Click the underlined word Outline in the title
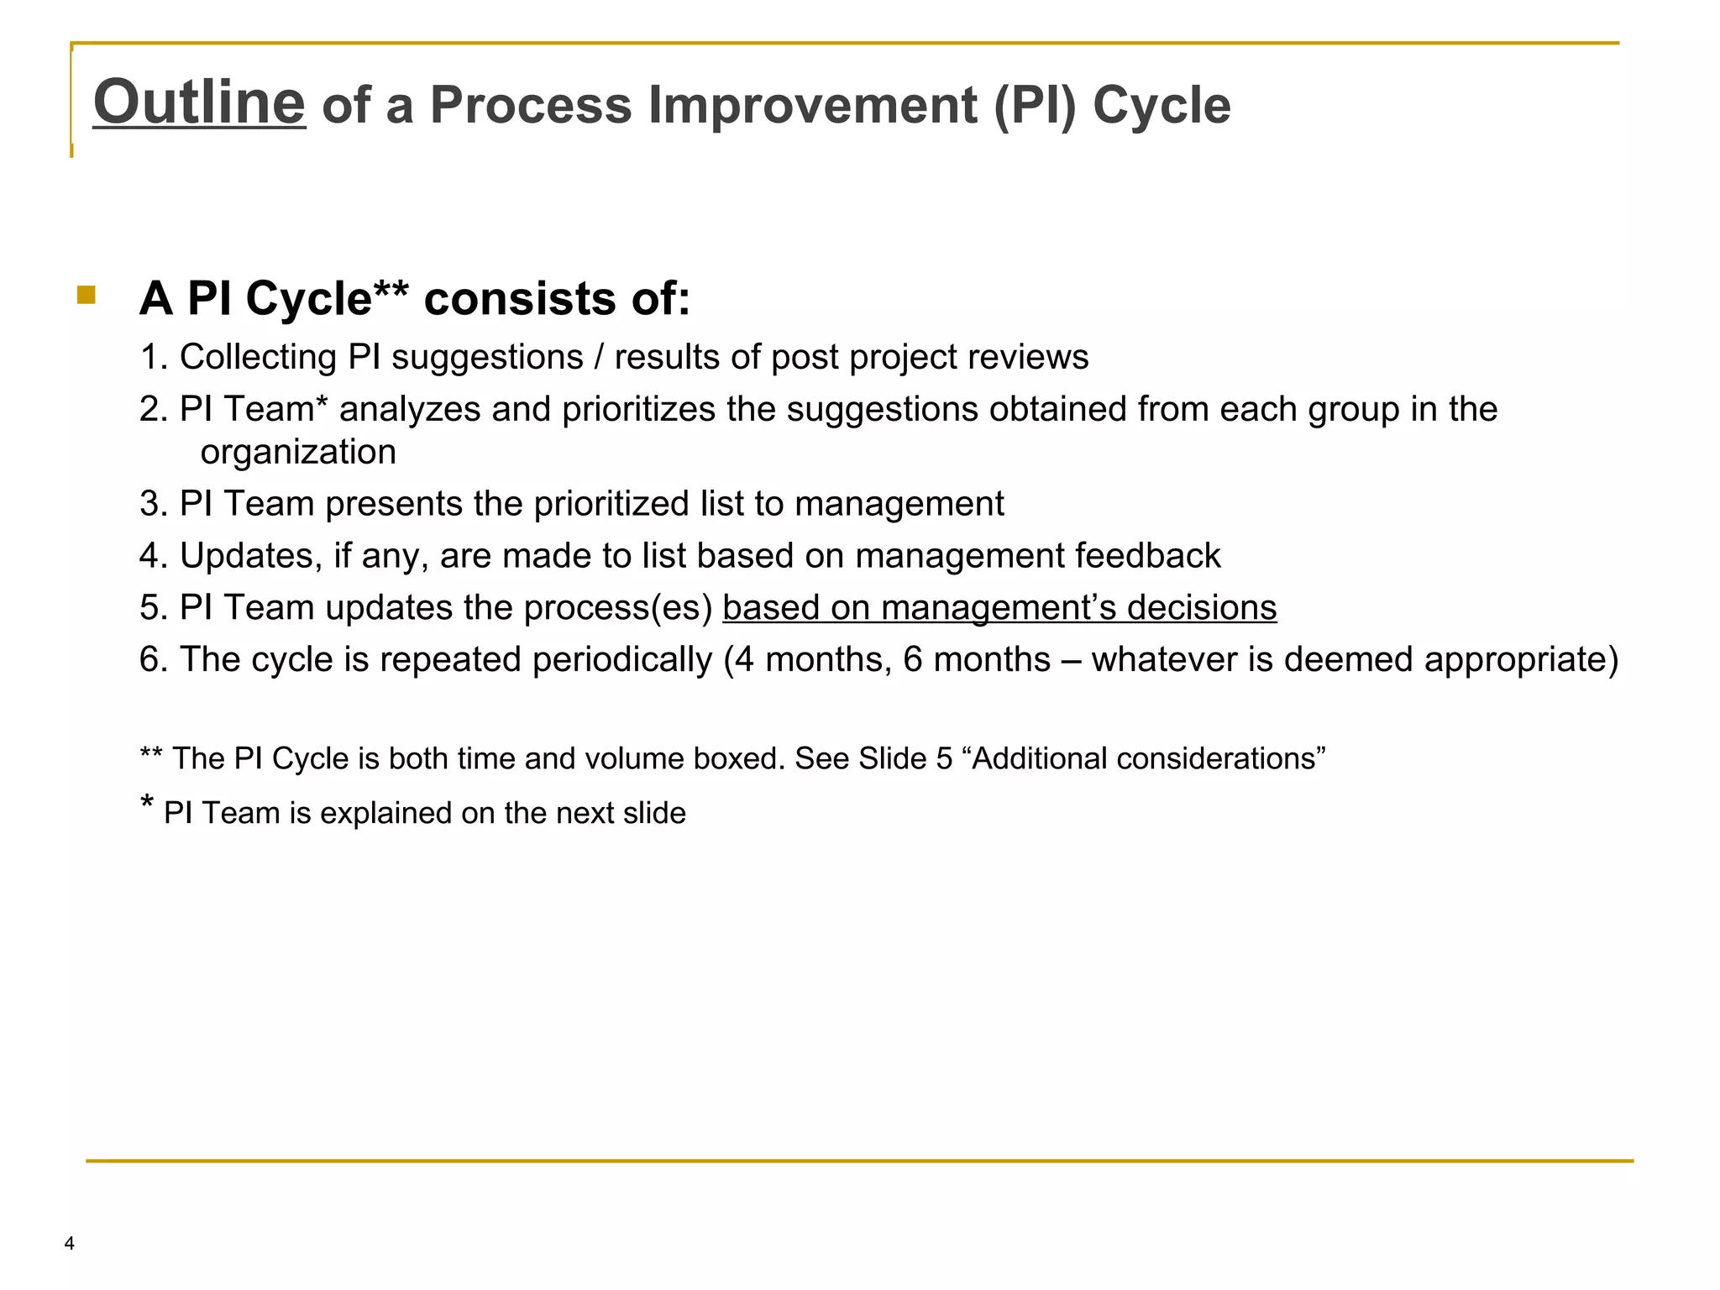click(x=199, y=102)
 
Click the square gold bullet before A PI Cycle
click(x=86, y=295)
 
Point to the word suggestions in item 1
click(x=487, y=358)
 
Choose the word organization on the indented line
click(x=298, y=453)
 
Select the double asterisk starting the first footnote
click(x=151, y=756)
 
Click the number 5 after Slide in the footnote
click(x=944, y=759)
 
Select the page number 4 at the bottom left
click(x=69, y=1244)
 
